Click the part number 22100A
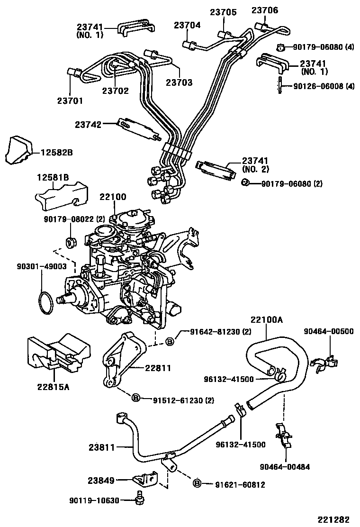tap(267, 320)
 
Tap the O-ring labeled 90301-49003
tap(45, 303)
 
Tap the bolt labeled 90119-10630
tap(139, 498)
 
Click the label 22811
tap(158, 368)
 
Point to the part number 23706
tap(265, 10)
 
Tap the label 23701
tap(70, 100)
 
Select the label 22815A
tap(54, 387)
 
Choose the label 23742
tap(88, 125)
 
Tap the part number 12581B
tap(53, 178)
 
